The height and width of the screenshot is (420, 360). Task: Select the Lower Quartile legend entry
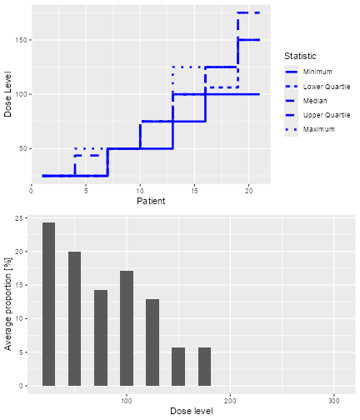[326, 86]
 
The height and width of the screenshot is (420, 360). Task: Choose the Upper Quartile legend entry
[326, 115]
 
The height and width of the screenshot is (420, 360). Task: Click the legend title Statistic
[301, 56]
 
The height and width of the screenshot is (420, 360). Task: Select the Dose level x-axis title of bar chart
[191, 411]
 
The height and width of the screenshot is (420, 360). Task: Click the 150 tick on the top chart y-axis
[22, 40]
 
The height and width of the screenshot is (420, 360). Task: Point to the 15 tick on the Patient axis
[194, 190]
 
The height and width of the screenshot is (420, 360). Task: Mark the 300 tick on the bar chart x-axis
[334, 401]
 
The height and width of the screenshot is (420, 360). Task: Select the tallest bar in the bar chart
[49, 304]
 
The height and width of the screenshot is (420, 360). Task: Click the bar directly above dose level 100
[127, 328]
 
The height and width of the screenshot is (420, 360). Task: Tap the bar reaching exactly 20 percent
[75, 318]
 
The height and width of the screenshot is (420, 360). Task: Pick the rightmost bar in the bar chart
[204, 367]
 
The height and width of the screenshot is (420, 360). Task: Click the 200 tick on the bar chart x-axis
[230, 401]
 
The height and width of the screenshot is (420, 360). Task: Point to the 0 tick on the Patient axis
[31, 190]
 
